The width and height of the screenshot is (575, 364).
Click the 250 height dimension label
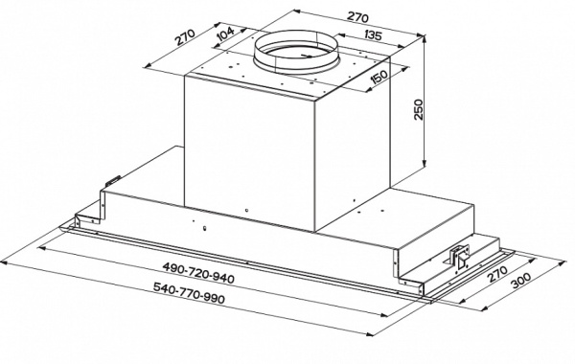click(x=419, y=109)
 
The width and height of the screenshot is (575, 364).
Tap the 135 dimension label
click(x=374, y=35)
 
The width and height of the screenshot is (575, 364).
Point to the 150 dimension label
click(x=379, y=77)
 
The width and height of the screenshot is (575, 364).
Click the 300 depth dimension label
click(x=520, y=281)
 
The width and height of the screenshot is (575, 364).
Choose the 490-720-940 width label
click(x=198, y=273)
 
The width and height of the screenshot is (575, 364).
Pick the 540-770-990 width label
click(x=189, y=293)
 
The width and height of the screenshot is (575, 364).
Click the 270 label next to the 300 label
click(x=497, y=273)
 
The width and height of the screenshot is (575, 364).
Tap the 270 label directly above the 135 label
click(x=357, y=17)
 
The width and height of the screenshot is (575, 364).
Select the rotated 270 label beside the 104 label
click(x=184, y=36)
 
